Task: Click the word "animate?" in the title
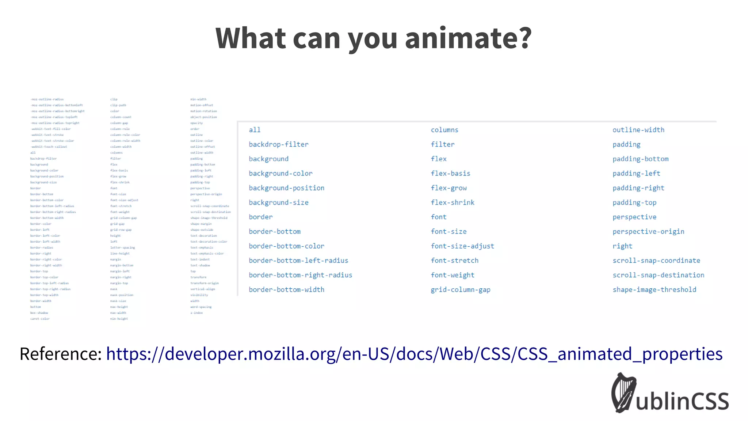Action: tap(468, 38)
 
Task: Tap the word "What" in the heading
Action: tap(251, 38)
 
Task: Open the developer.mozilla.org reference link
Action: tap(414, 354)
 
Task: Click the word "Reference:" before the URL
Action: tap(61, 354)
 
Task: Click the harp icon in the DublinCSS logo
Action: tap(624, 393)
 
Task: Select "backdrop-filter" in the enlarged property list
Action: tap(279, 144)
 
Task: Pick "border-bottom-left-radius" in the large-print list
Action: tap(298, 261)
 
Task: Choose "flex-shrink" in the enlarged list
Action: tap(453, 202)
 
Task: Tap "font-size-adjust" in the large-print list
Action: tap(462, 246)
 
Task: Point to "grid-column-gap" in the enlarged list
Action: tap(461, 290)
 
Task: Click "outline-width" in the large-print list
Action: tap(638, 130)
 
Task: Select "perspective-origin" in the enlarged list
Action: tap(648, 232)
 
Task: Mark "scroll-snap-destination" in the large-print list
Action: tap(659, 275)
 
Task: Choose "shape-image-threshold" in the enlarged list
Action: tap(654, 290)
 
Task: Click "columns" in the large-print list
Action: tap(444, 130)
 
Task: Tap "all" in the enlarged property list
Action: tap(255, 130)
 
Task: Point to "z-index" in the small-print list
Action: tap(196, 313)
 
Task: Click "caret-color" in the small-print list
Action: tap(40, 319)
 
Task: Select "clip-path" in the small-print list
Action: tap(118, 105)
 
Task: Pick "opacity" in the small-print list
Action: tap(196, 123)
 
